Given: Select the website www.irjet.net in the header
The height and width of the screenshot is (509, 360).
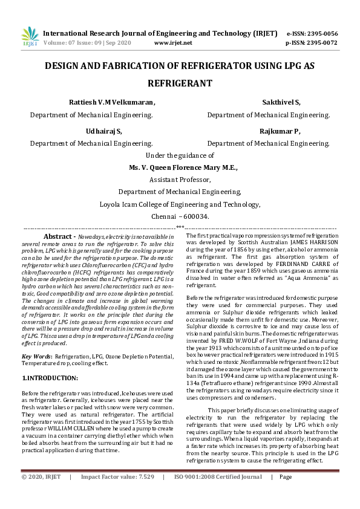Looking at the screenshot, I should (174, 43).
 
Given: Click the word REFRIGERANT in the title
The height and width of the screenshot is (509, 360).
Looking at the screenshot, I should (180, 82).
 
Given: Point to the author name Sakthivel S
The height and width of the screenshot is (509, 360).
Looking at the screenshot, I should (281, 102).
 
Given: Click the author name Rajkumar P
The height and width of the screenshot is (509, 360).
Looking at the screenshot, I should (280, 131).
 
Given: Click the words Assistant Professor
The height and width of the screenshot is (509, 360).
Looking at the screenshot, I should (180, 180).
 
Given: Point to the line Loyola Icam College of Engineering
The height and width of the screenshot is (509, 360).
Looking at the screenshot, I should (180, 204).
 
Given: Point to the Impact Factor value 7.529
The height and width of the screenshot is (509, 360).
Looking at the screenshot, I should (145, 494).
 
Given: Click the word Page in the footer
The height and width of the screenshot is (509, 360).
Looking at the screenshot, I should (286, 494).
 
